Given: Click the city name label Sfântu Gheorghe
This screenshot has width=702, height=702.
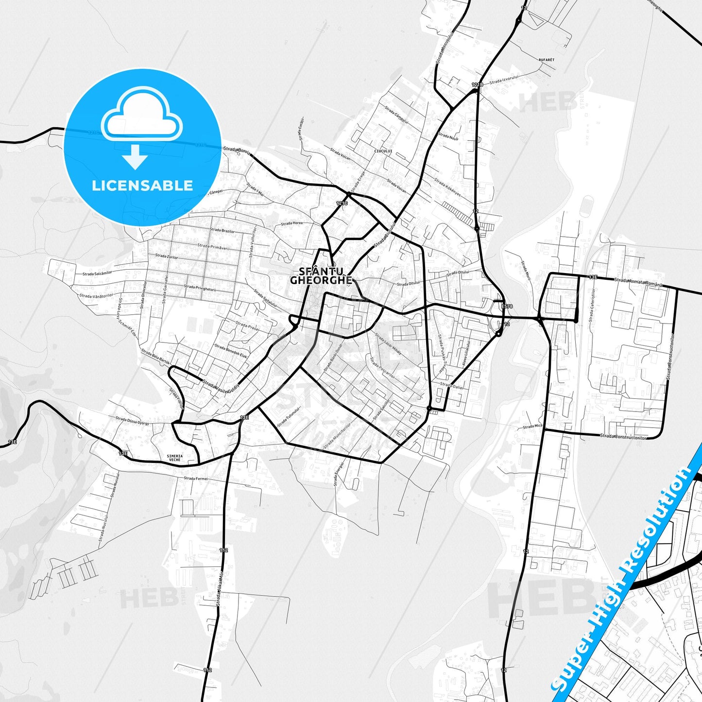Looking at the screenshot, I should click(321, 275).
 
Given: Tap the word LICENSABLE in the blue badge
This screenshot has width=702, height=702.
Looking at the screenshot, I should click(142, 186).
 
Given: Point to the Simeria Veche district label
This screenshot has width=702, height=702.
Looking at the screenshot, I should click(174, 458).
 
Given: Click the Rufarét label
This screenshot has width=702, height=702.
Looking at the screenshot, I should click(546, 59).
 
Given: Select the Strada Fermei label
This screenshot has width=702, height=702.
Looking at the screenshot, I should click(196, 479).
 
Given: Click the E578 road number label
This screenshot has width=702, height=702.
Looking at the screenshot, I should click(507, 307).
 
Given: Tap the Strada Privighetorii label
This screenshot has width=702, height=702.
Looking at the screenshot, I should click(200, 288).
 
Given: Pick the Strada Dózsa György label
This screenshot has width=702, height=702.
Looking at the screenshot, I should click(132, 421).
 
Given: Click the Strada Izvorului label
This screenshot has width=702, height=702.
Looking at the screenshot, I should click(505, 79).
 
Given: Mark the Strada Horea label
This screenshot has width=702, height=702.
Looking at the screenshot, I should click(291, 223).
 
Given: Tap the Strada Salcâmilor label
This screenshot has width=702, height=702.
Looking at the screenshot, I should click(97, 273).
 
